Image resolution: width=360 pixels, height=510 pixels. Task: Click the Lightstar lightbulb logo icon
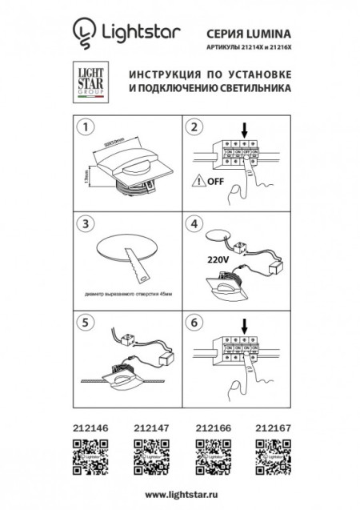(82, 33)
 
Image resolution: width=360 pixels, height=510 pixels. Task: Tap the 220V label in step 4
(207, 259)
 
